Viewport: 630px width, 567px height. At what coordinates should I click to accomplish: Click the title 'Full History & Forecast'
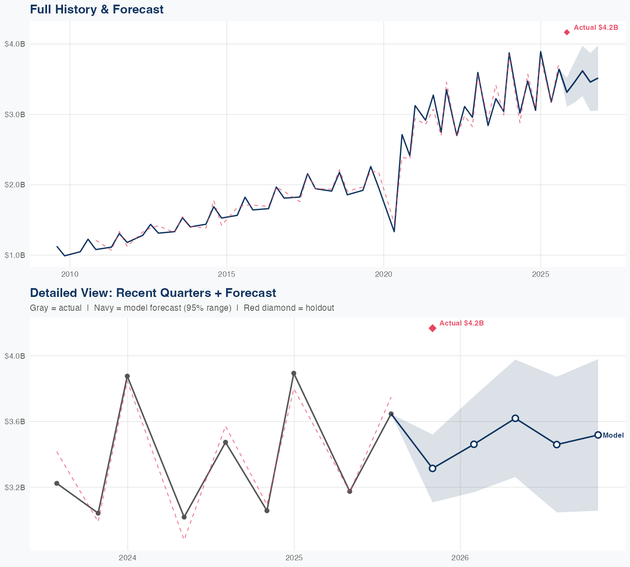click(97, 9)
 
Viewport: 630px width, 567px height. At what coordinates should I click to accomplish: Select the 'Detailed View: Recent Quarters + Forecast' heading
click(153, 293)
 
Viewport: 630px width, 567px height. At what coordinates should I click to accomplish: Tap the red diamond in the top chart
click(567, 32)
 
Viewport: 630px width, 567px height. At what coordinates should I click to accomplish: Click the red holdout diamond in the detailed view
click(433, 328)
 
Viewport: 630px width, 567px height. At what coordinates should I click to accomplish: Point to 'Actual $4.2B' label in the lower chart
click(461, 323)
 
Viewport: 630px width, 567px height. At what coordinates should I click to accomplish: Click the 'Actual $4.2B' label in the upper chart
click(596, 28)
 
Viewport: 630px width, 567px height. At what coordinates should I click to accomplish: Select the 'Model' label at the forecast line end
click(613, 436)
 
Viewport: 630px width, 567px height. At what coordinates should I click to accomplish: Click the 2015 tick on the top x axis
click(226, 274)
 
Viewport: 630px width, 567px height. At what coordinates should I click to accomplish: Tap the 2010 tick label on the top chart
click(70, 274)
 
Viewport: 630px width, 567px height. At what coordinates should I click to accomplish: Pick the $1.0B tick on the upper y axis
click(15, 255)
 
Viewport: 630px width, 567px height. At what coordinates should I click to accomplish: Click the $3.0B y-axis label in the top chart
click(15, 114)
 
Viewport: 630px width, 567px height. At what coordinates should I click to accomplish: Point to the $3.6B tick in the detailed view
click(15, 421)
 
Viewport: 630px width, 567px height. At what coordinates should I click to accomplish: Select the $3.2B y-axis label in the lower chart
click(15, 487)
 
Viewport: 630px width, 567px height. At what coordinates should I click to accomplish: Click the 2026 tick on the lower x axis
click(460, 558)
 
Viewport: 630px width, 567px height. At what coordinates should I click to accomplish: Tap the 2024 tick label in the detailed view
click(128, 558)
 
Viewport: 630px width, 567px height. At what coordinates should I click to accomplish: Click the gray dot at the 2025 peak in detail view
click(294, 373)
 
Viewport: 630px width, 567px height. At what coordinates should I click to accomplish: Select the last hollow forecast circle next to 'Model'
click(598, 435)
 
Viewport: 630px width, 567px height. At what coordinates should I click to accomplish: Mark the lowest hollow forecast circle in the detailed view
click(433, 468)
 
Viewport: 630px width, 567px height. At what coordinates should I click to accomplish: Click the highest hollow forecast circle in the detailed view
click(515, 418)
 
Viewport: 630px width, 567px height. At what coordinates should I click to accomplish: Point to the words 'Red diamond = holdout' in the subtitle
click(289, 308)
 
